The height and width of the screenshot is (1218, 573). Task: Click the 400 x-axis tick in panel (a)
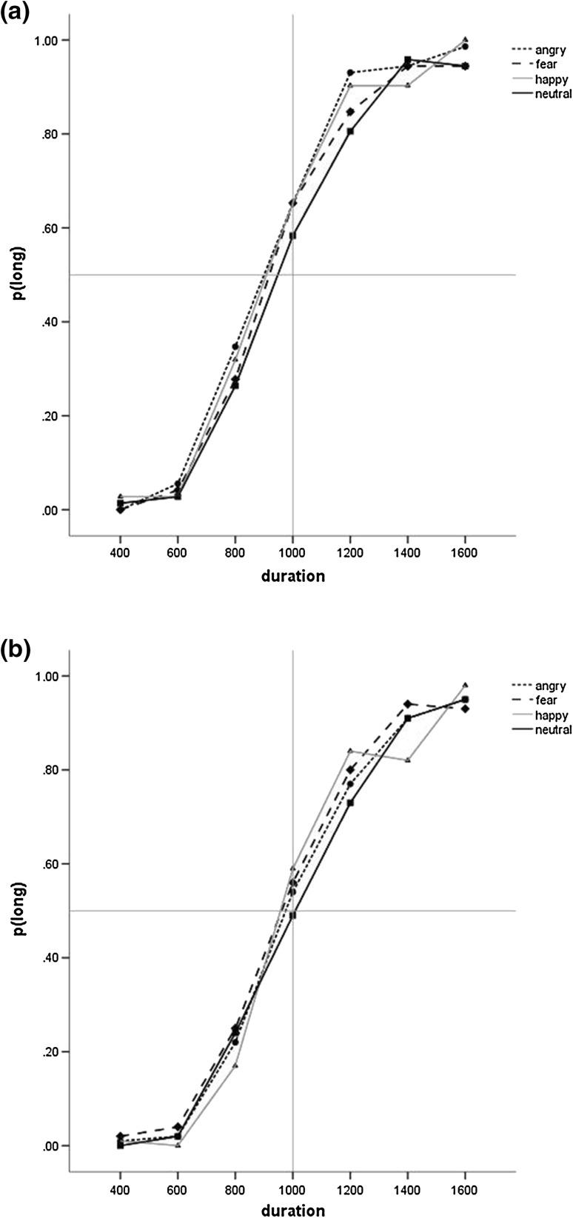tap(120, 552)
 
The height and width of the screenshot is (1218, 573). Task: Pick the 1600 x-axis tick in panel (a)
tap(465, 552)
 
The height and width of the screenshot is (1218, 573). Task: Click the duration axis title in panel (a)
tap(292, 576)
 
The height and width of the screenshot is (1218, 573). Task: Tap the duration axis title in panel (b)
tap(292, 1211)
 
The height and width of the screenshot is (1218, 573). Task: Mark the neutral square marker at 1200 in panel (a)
tap(350, 131)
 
